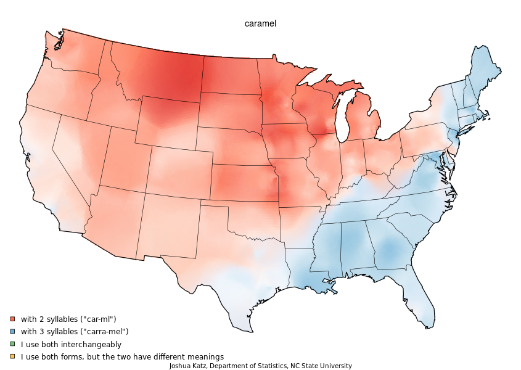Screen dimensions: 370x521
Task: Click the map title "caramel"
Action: [260, 23]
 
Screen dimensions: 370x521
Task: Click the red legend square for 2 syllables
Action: [12, 319]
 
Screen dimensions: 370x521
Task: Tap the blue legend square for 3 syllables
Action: [12, 332]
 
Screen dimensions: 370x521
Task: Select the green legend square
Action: [12, 344]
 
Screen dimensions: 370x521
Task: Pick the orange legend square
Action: [12, 356]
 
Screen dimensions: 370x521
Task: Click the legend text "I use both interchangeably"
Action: [71, 344]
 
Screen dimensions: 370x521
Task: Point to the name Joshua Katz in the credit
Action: [188, 366]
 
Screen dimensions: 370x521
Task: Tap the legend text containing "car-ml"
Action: [68, 319]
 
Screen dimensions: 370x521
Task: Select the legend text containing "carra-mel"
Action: [74, 332]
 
